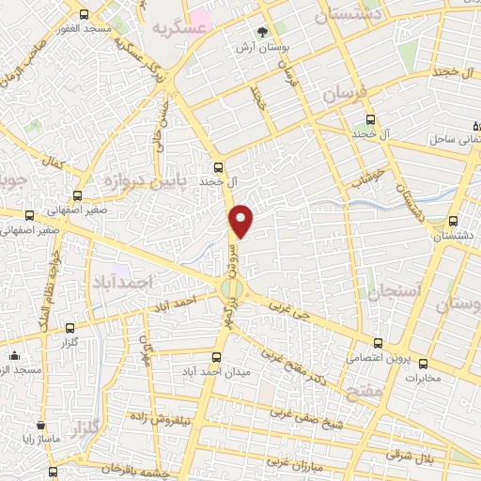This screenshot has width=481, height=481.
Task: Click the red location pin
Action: pyautogui.click(x=242, y=219)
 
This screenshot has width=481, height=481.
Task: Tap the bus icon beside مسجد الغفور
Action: pyautogui.click(x=85, y=15)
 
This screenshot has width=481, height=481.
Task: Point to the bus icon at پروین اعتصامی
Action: pyautogui.click(x=378, y=343)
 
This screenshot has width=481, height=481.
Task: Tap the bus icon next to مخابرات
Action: pyautogui.click(x=422, y=364)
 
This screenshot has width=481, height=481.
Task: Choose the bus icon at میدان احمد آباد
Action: pyautogui.click(x=217, y=356)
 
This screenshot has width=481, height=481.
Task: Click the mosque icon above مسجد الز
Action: pyautogui.click(x=14, y=357)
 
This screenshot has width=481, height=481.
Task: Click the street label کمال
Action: pyautogui.click(x=54, y=163)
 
